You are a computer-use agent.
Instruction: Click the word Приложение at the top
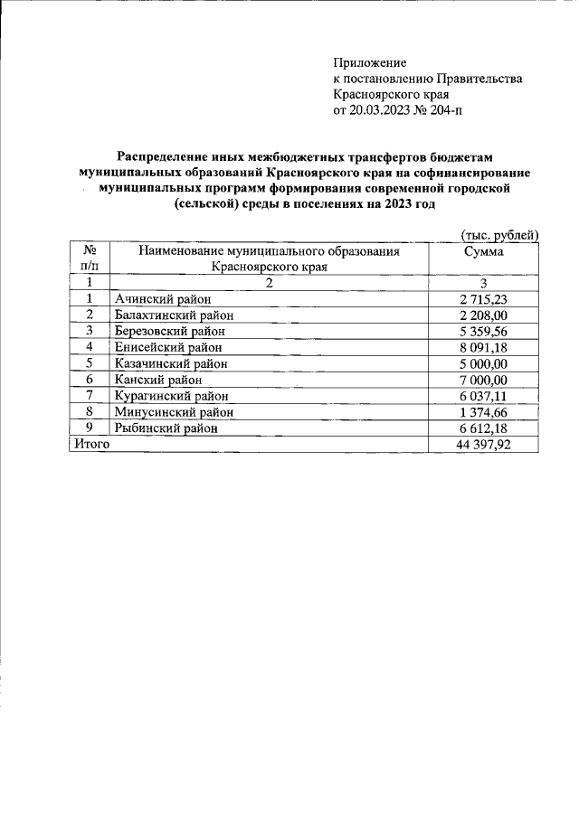coord(371,63)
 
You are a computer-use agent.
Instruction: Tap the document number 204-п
coord(453,110)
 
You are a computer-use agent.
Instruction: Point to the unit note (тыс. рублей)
coord(499,235)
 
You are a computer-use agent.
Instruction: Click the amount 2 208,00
coord(484,315)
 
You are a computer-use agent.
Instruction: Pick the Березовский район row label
coord(170,331)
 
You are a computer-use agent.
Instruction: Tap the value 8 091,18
coord(484,347)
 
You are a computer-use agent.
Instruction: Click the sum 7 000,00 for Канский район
coord(484,380)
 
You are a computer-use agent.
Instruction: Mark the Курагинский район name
coord(172,396)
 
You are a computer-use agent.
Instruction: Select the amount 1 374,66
coord(484,412)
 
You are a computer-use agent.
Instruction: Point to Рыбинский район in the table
coord(166,428)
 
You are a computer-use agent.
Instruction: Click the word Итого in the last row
coord(91,444)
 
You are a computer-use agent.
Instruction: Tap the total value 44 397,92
coord(484,444)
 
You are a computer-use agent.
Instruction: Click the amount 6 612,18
coord(484,428)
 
